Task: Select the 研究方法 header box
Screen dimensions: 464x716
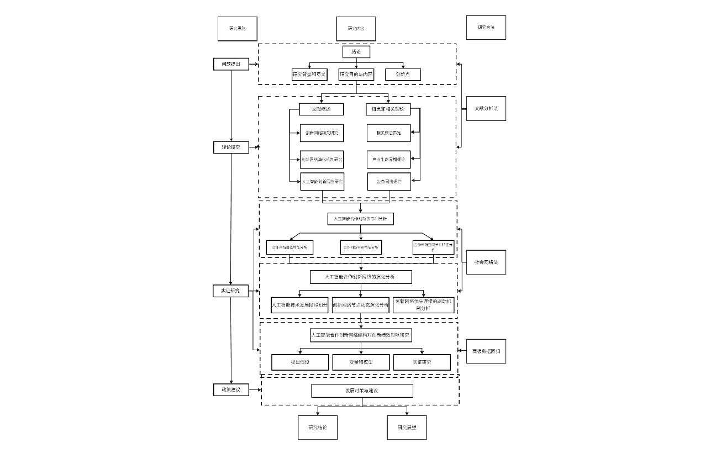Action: click(486, 27)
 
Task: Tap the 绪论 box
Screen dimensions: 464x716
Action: click(356, 52)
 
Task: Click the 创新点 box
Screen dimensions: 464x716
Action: click(403, 75)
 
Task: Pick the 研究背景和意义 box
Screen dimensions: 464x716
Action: click(310, 75)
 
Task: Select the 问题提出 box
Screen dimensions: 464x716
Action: click(231, 64)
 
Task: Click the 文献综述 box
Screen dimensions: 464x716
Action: click(322, 109)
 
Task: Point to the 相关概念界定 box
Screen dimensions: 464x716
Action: click(389, 133)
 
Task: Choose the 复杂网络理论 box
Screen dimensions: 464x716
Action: click(389, 182)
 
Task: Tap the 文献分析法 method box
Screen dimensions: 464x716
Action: click(486, 109)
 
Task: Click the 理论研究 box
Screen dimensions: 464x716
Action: click(231, 147)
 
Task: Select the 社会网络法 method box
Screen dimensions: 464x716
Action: click(486, 262)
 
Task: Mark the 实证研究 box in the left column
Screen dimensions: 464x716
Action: click(231, 291)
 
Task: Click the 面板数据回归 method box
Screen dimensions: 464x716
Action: click(486, 351)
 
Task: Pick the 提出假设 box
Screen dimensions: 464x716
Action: click(300, 362)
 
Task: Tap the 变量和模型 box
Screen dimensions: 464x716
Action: click(361, 362)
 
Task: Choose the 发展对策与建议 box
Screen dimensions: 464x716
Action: click(362, 391)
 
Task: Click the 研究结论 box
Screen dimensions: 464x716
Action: click(318, 428)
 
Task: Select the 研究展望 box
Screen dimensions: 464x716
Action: click(407, 428)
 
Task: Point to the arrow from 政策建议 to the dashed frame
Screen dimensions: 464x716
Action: click(255, 390)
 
